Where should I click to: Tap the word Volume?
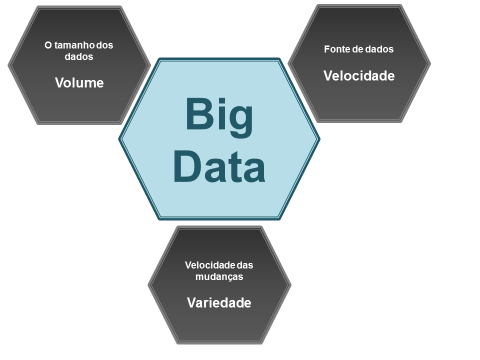(x=79, y=83)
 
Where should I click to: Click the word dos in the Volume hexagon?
(x=105, y=45)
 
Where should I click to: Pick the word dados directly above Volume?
(x=79, y=57)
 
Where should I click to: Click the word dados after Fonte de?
(x=381, y=49)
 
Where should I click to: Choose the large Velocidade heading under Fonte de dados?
(x=359, y=76)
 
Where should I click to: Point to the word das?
(x=245, y=265)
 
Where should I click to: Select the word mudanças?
(x=219, y=276)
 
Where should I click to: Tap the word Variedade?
(x=219, y=303)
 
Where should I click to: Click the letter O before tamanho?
(x=48, y=45)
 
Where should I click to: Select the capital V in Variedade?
(x=191, y=303)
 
